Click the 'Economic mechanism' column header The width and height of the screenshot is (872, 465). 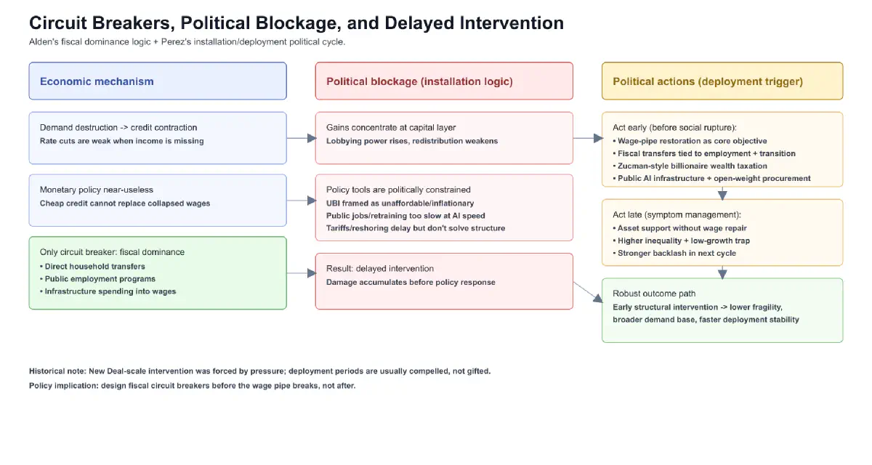[x=97, y=81]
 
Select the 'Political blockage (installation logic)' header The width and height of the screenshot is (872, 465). [x=419, y=81]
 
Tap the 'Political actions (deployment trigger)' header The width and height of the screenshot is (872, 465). [x=707, y=81]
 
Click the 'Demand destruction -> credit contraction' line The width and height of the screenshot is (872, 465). [x=118, y=128]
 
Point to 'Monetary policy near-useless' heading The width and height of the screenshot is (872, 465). [x=97, y=190]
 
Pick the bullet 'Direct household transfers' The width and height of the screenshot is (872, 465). [x=94, y=267]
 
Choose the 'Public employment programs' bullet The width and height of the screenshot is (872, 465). [x=100, y=279]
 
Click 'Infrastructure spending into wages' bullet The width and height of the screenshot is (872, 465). [x=110, y=291]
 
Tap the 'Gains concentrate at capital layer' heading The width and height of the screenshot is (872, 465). [x=391, y=128]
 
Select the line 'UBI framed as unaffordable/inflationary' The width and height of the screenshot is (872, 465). [x=400, y=203]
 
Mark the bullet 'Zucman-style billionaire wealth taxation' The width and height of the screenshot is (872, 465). [x=692, y=166]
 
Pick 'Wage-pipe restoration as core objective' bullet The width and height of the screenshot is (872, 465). [x=692, y=141]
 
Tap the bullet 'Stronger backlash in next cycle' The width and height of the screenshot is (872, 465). [x=676, y=253]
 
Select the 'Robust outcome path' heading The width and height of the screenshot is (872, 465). [x=654, y=294]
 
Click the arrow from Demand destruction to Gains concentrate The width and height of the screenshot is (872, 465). [x=301, y=138]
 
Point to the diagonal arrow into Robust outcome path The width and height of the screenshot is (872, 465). [x=588, y=291]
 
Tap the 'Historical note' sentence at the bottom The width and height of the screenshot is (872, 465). [x=259, y=371]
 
